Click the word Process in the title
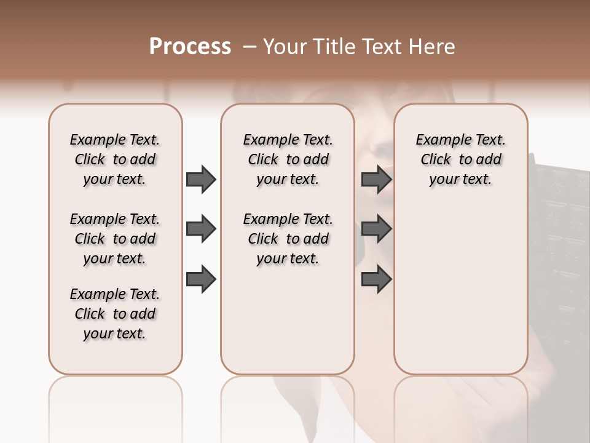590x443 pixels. (190, 47)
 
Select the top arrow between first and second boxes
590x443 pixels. (201, 180)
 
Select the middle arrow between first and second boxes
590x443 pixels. (201, 229)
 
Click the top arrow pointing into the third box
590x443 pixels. (376, 180)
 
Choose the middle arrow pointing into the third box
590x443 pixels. (376, 229)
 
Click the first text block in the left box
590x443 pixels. (115, 159)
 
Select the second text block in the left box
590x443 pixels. (115, 239)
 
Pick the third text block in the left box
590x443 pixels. (115, 314)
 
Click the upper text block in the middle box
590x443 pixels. (288, 159)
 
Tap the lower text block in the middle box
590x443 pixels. (288, 239)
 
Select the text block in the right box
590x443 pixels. (460, 159)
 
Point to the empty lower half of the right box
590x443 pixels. (460, 289)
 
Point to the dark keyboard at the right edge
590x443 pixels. (559, 246)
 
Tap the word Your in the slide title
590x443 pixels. (283, 47)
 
